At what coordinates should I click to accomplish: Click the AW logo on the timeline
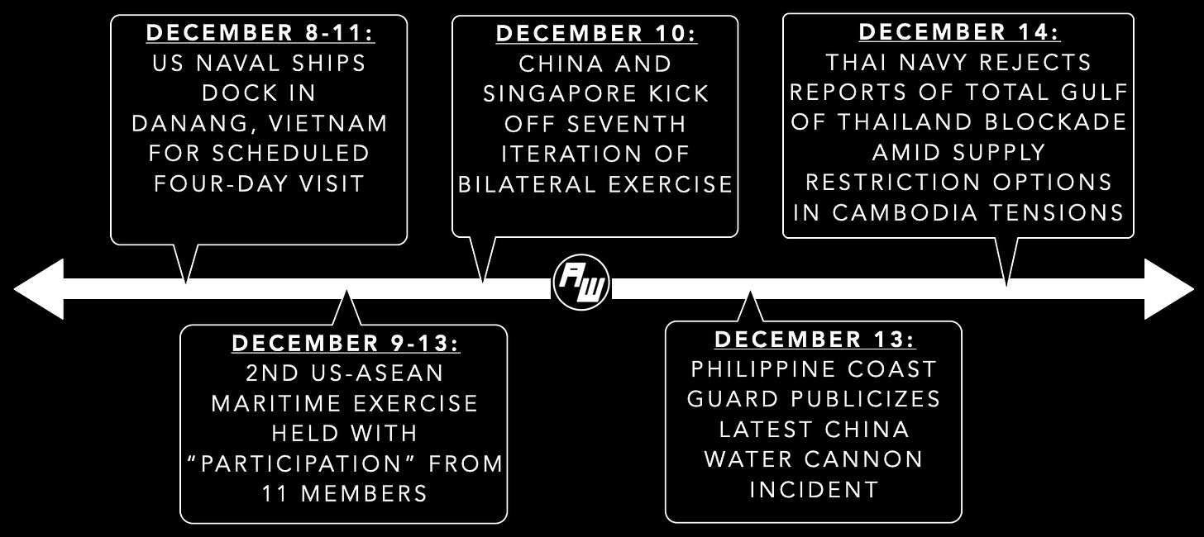tap(581, 287)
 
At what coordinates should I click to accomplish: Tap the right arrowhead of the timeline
tap(1168, 288)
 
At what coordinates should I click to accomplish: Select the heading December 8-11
tap(259, 34)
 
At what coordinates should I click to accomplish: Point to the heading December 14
tap(959, 33)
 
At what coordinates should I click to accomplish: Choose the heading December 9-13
tap(346, 343)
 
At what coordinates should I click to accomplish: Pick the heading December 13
tap(815, 339)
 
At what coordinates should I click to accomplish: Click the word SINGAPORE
tap(548, 93)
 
